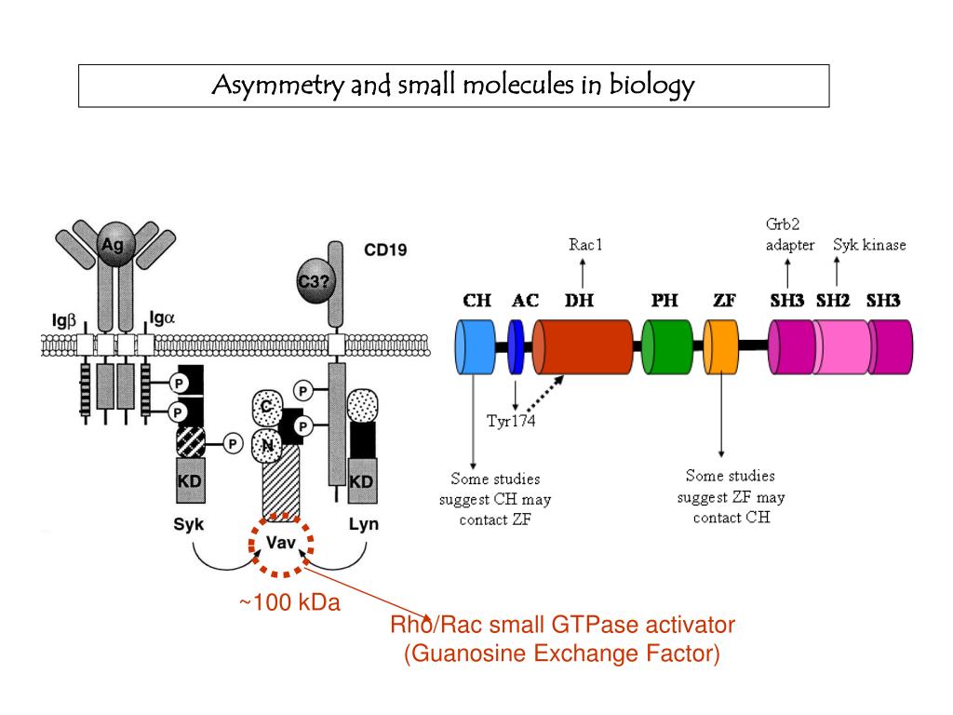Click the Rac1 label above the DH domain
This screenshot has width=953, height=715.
[585, 246]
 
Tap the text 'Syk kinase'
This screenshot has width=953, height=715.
[869, 246]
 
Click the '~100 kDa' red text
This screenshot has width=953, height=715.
[289, 603]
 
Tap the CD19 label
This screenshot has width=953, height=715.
[384, 250]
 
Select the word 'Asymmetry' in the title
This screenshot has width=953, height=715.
[271, 86]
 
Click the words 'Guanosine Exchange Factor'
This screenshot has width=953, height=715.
[561, 653]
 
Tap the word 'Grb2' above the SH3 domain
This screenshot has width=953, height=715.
[783, 224]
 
